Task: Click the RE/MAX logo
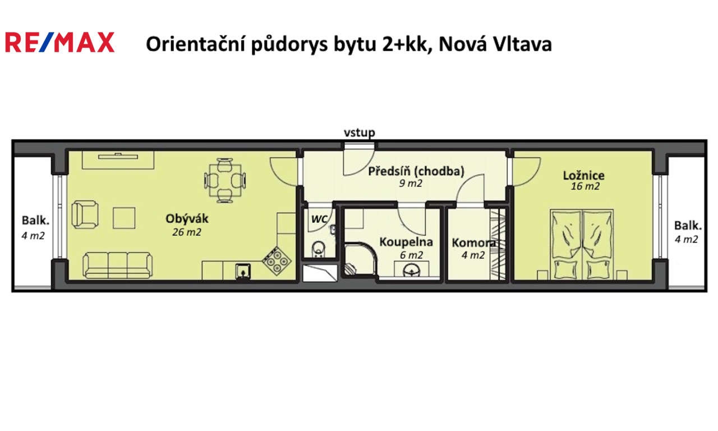pyautogui.click(x=59, y=43)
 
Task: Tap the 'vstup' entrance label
pyautogui.click(x=359, y=133)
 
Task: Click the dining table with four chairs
pyautogui.click(x=225, y=180)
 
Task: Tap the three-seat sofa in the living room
pyautogui.click(x=117, y=265)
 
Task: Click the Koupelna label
pyautogui.click(x=406, y=242)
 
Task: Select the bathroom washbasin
pyautogui.click(x=414, y=270)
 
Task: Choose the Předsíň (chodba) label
pyautogui.click(x=416, y=171)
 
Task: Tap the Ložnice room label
pyautogui.click(x=583, y=175)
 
